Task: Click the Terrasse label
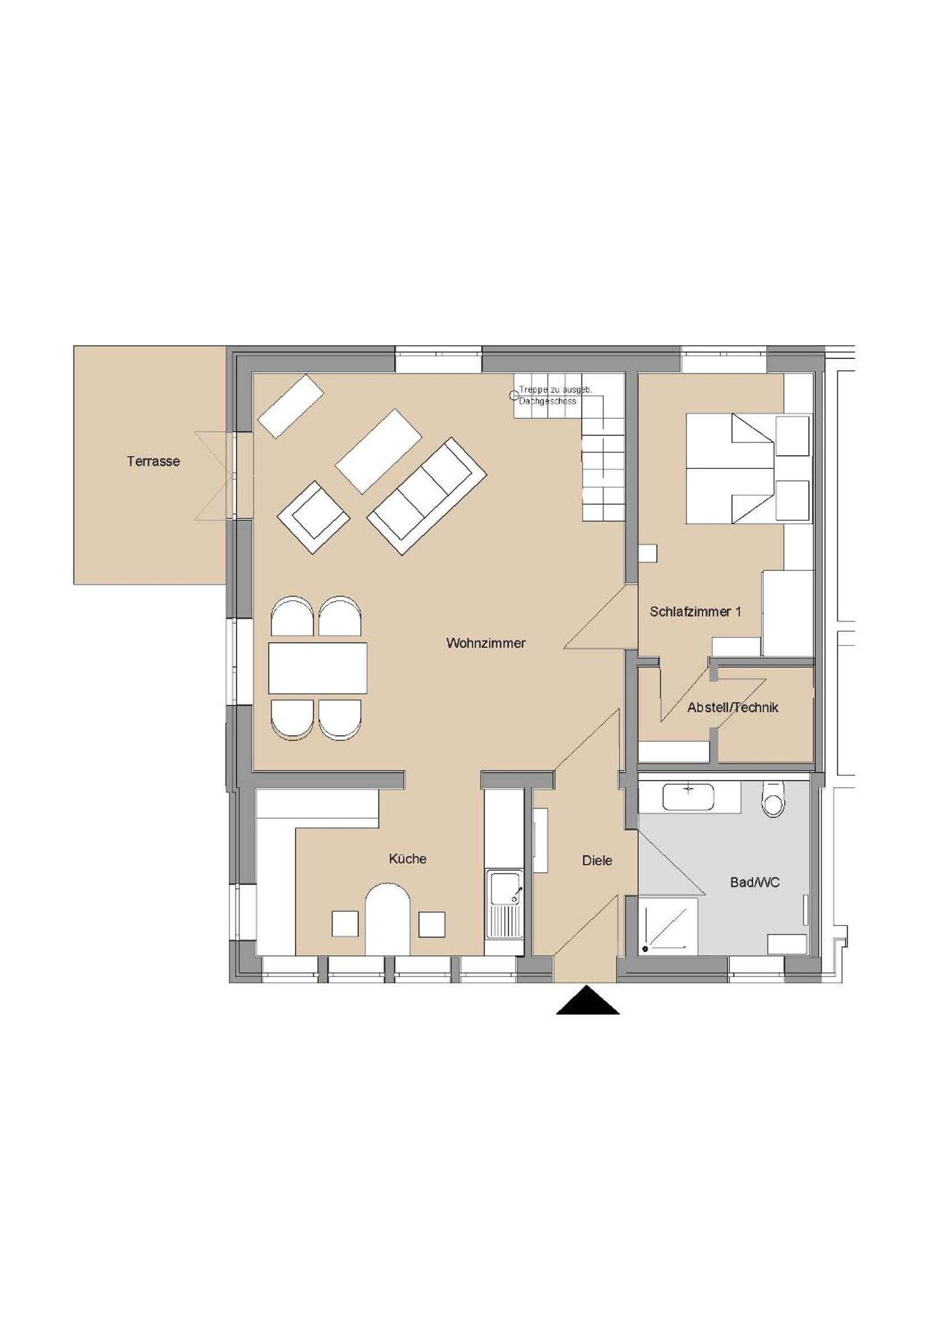(x=153, y=461)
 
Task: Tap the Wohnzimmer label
(x=486, y=643)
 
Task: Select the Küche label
(x=408, y=859)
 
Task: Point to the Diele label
(x=597, y=861)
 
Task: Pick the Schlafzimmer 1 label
(x=696, y=612)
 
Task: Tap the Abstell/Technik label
(x=732, y=708)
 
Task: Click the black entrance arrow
(x=588, y=1000)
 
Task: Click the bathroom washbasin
(x=689, y=798)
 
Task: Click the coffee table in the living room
(x=379, y=450)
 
